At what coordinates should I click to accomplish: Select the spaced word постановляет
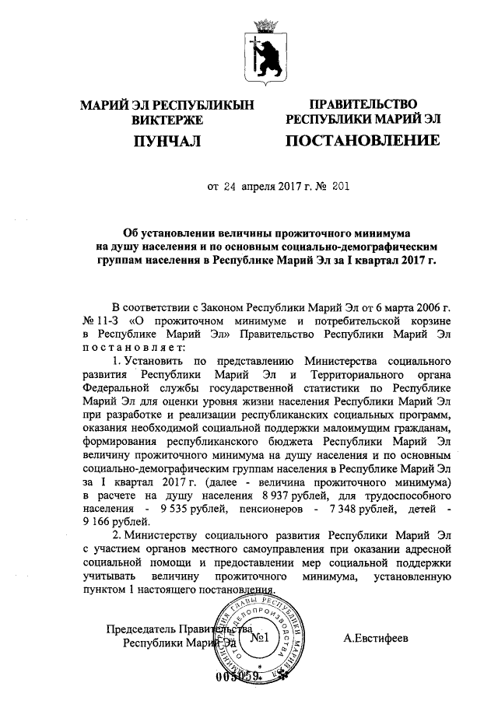point(130,347)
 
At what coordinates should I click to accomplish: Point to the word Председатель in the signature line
point(141,629)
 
